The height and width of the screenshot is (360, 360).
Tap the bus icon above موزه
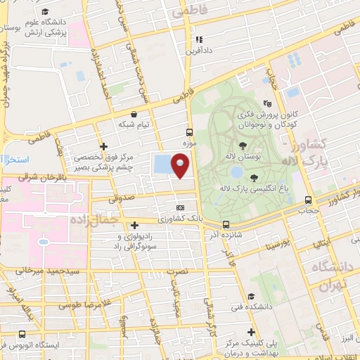point(188,131)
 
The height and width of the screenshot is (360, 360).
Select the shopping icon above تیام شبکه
point(134,112)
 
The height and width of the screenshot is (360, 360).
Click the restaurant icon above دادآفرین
point(199,39)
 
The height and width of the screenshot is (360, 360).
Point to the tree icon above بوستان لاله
point(243,145)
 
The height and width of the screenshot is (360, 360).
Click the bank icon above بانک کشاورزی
point(181,207)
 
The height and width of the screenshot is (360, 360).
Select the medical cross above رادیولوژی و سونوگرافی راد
point(134,225)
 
